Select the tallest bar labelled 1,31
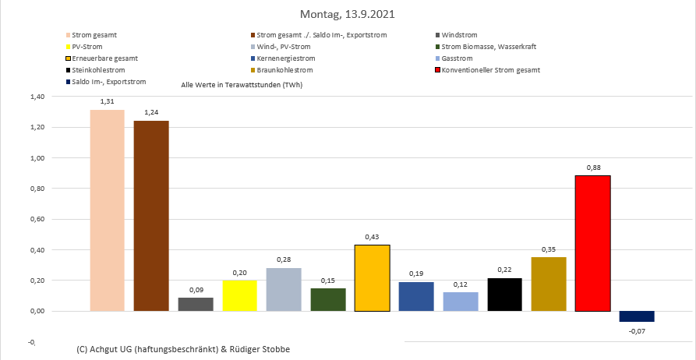coord(107,210)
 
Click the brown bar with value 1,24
coord(151,216)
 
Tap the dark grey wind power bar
coord(196,304)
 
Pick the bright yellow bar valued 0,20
coord(239,295)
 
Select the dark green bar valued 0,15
coord(328,299)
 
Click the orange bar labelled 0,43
coord(372,278)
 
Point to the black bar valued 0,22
coord(504,295)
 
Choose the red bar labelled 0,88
coord(592,243)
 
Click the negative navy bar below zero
coord(637,316)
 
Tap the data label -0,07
coord(637,332)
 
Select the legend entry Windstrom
coord(459,35)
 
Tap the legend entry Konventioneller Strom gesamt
coord(490,70)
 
